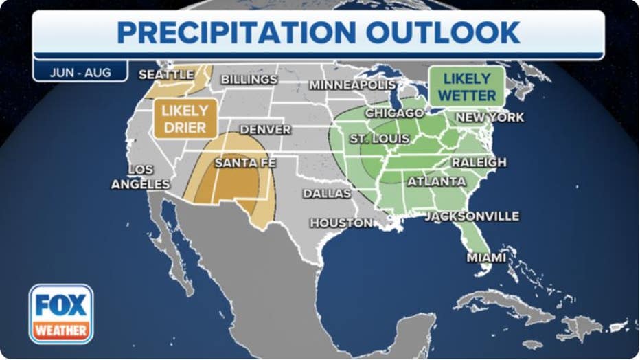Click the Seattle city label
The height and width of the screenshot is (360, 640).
166,74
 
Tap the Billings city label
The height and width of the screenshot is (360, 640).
249,80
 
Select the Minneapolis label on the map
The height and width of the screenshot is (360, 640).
352,85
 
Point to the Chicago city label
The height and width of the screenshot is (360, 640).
394,113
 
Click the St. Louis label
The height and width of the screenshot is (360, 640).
379,139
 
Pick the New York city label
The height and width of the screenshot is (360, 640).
490,117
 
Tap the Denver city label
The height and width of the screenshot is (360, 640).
265,130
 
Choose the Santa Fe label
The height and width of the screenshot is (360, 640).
245,163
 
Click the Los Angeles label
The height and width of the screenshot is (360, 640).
140,177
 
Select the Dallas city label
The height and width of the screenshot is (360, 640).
327,194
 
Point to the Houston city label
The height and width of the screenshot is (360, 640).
341,223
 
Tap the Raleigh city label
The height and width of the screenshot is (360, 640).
479,162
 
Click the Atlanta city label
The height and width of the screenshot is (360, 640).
437,181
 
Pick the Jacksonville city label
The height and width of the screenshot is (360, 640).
472,216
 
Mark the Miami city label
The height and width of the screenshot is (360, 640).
486,258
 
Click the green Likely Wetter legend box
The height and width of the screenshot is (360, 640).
466,87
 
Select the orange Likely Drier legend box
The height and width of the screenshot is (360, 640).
185,119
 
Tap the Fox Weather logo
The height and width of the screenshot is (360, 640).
61,314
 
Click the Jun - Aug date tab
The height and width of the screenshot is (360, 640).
80,72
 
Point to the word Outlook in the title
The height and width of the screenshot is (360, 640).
443,32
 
